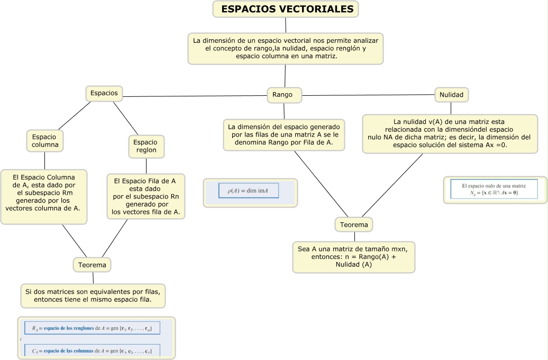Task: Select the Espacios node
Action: click(104, 93)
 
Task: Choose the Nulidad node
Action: click(451, 95)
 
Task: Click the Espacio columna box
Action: click(44, 141)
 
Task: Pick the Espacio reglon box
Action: click(145, 146)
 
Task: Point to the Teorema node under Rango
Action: click(354, 225)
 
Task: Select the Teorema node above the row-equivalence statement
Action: click(92, 265)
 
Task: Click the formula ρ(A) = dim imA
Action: click(249, 191)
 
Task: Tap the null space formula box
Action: click(494, 190)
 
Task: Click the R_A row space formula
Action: click(92, 328)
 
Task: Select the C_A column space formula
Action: click(92, 350)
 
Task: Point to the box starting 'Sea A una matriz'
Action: click(353, 257)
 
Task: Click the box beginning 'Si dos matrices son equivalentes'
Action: click(93, 295)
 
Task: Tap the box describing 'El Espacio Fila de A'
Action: click(145, 196)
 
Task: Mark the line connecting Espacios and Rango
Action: click(196, 96)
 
